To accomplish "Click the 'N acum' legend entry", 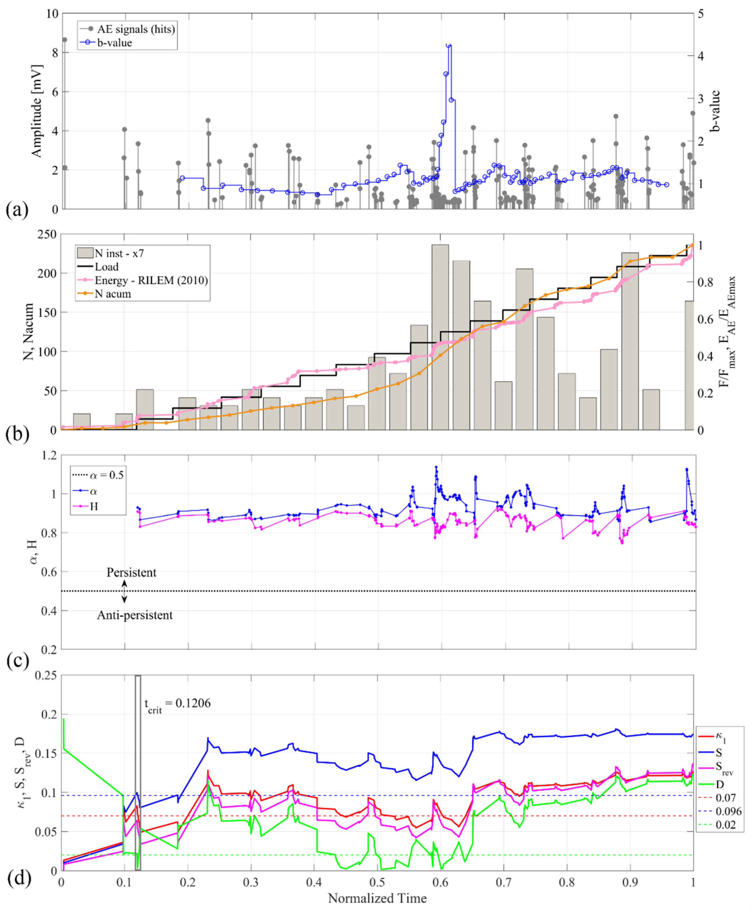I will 113,294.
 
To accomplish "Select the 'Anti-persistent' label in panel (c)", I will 135,615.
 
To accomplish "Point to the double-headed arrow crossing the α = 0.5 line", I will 124,592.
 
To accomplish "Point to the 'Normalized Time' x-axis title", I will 377,898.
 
